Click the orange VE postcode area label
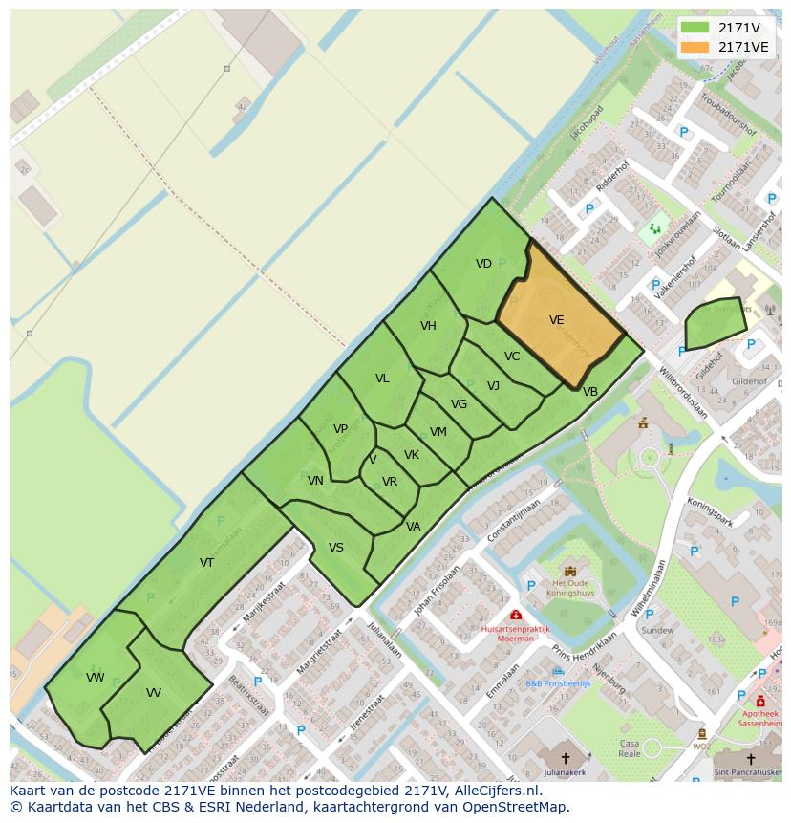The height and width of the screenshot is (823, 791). click(557, 321)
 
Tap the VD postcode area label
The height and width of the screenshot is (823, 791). click(483, 264)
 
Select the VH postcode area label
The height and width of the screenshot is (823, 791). click(428, 326)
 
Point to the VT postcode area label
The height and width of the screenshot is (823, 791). click(206, 563)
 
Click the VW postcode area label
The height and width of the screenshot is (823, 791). click(95, 678)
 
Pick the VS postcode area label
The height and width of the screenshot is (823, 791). click(336, 548)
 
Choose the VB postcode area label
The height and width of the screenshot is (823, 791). click(590, 392)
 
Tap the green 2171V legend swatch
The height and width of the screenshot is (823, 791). click(695, 28)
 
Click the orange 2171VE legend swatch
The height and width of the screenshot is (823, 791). click(695, 46)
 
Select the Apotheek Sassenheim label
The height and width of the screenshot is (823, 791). click(760, 719)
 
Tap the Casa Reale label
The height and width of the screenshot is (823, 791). click(630, 748)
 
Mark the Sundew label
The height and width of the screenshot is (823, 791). click(657, 630)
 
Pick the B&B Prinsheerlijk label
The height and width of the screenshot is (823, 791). click(559, 683)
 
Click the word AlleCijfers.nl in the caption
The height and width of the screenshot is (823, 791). click(497, 791)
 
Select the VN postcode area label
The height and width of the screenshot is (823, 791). click(315, 481)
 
